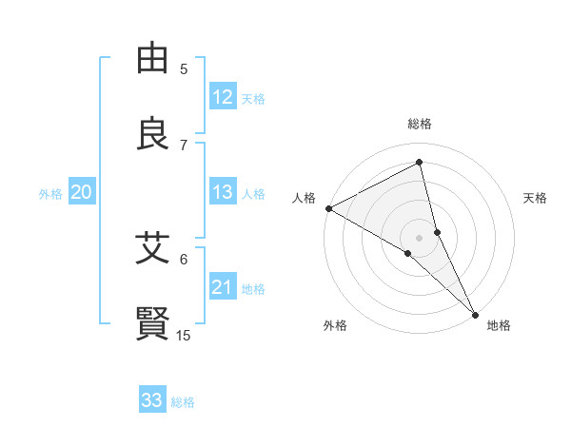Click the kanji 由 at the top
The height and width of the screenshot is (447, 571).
tap(153, 59)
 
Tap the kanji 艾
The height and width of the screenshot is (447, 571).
tap(153, 249)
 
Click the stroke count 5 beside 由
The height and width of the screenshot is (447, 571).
tap(184, 68)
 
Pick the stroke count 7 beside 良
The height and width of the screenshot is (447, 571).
tap(184, 145)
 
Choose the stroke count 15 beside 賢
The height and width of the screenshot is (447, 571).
tap(184, 335)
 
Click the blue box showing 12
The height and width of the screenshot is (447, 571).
tap(223, 97)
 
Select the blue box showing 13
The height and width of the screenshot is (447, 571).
tap(223, 192)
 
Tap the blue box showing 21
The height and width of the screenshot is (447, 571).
tap(223, 287)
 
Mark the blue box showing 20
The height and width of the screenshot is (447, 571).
tap(82, 192)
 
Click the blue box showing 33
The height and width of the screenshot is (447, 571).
tap(152, 400)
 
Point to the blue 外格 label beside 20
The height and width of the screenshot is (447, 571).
tap(50, 193)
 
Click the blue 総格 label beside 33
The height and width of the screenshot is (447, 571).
tap(183, 402)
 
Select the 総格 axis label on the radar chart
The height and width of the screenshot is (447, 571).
tap(420, 124)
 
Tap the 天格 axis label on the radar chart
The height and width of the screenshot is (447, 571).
tap(535, 198)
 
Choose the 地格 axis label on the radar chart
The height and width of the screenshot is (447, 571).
tap(499, 325)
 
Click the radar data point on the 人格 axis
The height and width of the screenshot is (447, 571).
tap(328, 207)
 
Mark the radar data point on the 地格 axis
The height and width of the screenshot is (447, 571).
tap(474, 312)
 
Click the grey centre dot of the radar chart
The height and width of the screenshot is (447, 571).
tap(420, 237)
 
